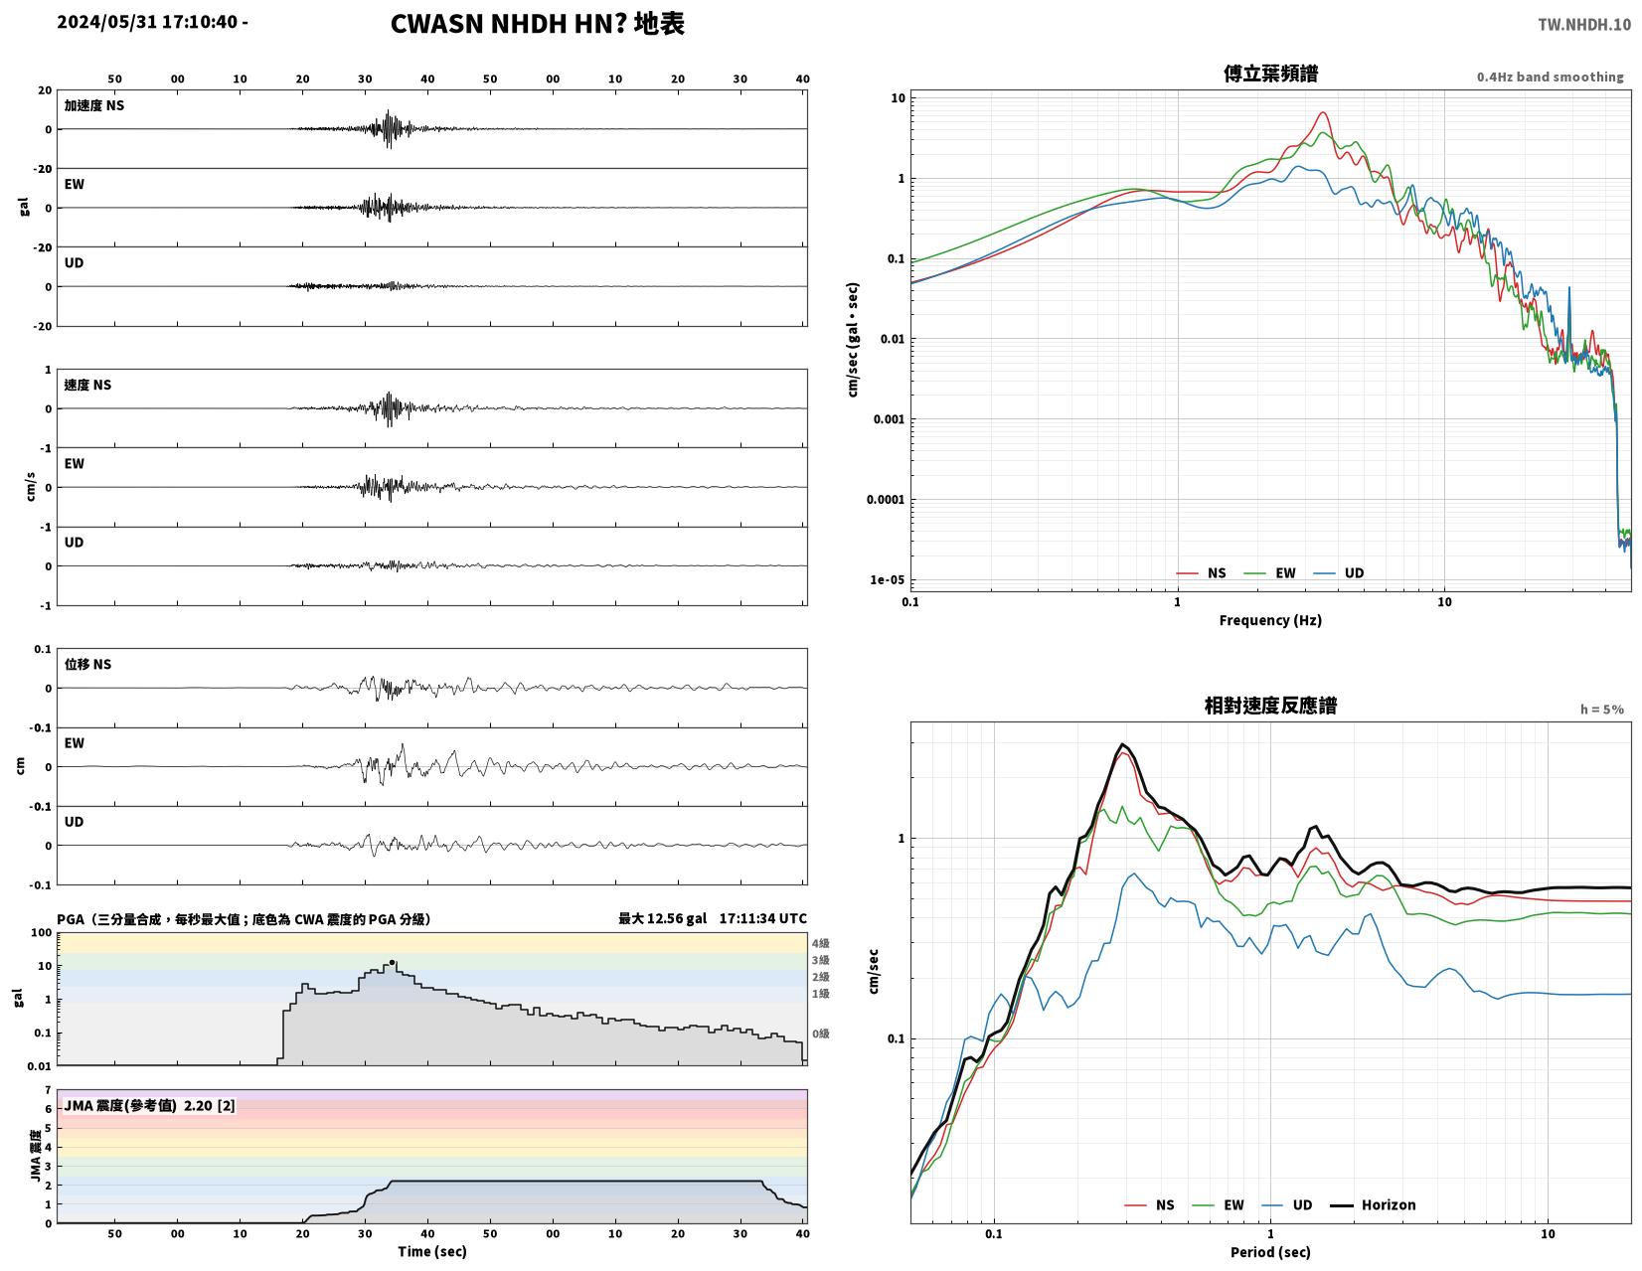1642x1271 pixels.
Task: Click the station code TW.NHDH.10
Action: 1583,24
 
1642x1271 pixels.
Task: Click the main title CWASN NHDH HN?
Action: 508,24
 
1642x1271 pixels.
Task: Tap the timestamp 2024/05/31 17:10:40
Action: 147,22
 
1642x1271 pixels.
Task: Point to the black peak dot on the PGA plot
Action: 392,962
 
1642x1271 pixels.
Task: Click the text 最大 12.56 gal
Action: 662,918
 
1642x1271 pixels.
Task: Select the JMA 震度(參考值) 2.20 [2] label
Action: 149,1106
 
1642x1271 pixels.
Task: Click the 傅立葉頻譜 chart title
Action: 1270,74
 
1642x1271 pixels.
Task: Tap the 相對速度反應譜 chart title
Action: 1270,706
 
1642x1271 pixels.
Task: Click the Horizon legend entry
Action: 1373,1204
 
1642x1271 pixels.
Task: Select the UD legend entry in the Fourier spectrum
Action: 1338,572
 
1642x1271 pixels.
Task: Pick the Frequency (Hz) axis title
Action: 1270,620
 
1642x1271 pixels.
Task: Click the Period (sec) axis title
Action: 1270,1251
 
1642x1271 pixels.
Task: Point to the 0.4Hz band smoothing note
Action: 1550,77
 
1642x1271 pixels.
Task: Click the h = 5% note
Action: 1602,710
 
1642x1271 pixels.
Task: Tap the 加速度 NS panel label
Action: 93,105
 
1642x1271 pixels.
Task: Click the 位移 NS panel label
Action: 87,664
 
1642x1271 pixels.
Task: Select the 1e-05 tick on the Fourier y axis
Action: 888,580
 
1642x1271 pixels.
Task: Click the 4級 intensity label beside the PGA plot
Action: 821,943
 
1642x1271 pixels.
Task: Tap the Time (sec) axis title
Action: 432,1251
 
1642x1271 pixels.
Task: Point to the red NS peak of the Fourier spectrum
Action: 1322,112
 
